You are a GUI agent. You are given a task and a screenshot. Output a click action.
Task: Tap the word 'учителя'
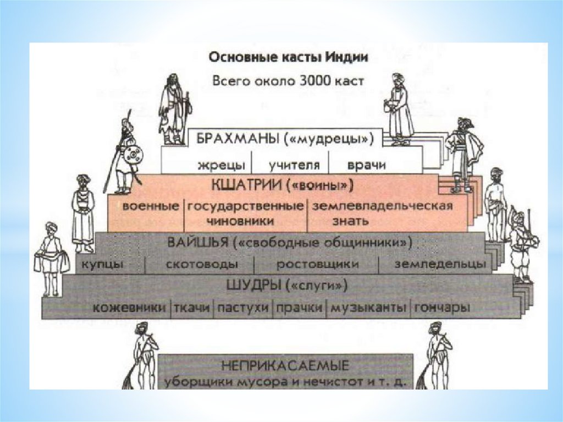290,165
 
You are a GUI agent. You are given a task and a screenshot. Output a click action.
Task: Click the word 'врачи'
367,165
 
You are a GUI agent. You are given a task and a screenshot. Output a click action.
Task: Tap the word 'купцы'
103,265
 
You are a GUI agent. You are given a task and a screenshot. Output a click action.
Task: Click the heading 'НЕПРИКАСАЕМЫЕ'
285,365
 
